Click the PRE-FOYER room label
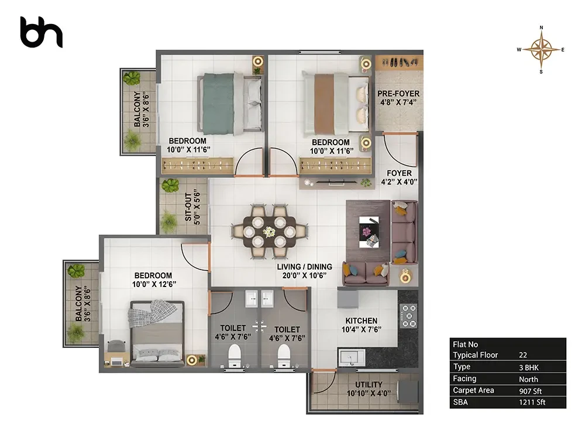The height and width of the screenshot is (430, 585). click(x=398, y=93)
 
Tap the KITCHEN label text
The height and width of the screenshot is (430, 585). click(x=361, y=320)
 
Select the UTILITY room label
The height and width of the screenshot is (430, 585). click(x=369, y=384)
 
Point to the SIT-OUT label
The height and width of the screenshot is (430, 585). click(x=188, y=207)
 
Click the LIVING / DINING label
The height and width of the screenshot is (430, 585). click(x=304, y=267)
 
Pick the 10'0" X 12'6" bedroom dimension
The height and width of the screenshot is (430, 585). click(x=154, y=284)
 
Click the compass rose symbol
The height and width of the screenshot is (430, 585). click(x=541, y=49)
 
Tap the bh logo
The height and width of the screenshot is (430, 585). click(x=42, y=32)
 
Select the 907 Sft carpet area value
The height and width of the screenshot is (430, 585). click(x=530, y=391)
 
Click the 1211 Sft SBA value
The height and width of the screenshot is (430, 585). click(x=532, y=402)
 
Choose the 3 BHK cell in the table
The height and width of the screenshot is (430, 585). click(x=529, y=368)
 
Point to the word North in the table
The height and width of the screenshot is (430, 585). click(x=528, y=380)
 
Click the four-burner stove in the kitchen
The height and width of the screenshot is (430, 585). click(x=408, y=316)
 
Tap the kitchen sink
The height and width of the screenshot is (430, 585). click(x=352, y=357)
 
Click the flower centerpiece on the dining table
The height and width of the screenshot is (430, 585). click(x=269, y=231)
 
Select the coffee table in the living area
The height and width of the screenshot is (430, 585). click(x=369, y=232)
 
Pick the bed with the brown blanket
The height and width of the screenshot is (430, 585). click(x=336, y=104)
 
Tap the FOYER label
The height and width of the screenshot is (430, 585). click(x=399, y=173)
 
